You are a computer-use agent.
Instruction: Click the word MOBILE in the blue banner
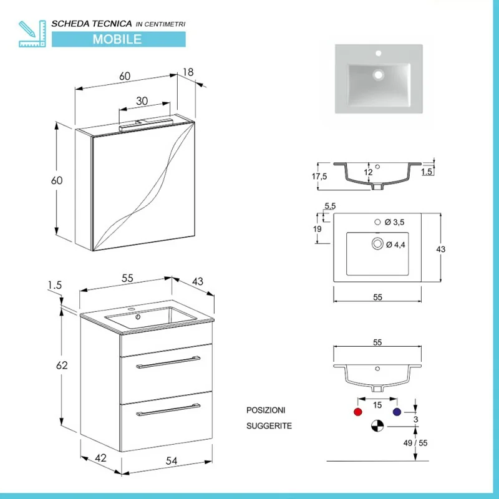(x=117, y=39)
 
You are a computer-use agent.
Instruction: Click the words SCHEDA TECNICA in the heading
(x=91, y=23)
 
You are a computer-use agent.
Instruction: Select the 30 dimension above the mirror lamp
(x=142, y=101)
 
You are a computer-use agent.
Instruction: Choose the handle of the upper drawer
(x=168, y=362)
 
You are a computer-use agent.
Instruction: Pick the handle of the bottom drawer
(x=168, y=410)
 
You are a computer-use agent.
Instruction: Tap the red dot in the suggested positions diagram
(x=357, y=412)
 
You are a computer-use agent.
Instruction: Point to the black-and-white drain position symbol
(x=377, y=427)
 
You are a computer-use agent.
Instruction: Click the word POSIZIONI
(x=266, y=410)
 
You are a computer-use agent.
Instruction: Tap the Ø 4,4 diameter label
(x=395, y=244)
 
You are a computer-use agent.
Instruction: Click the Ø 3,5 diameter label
(x=395, y=222)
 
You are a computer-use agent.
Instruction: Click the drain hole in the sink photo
(x=377, y=75)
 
